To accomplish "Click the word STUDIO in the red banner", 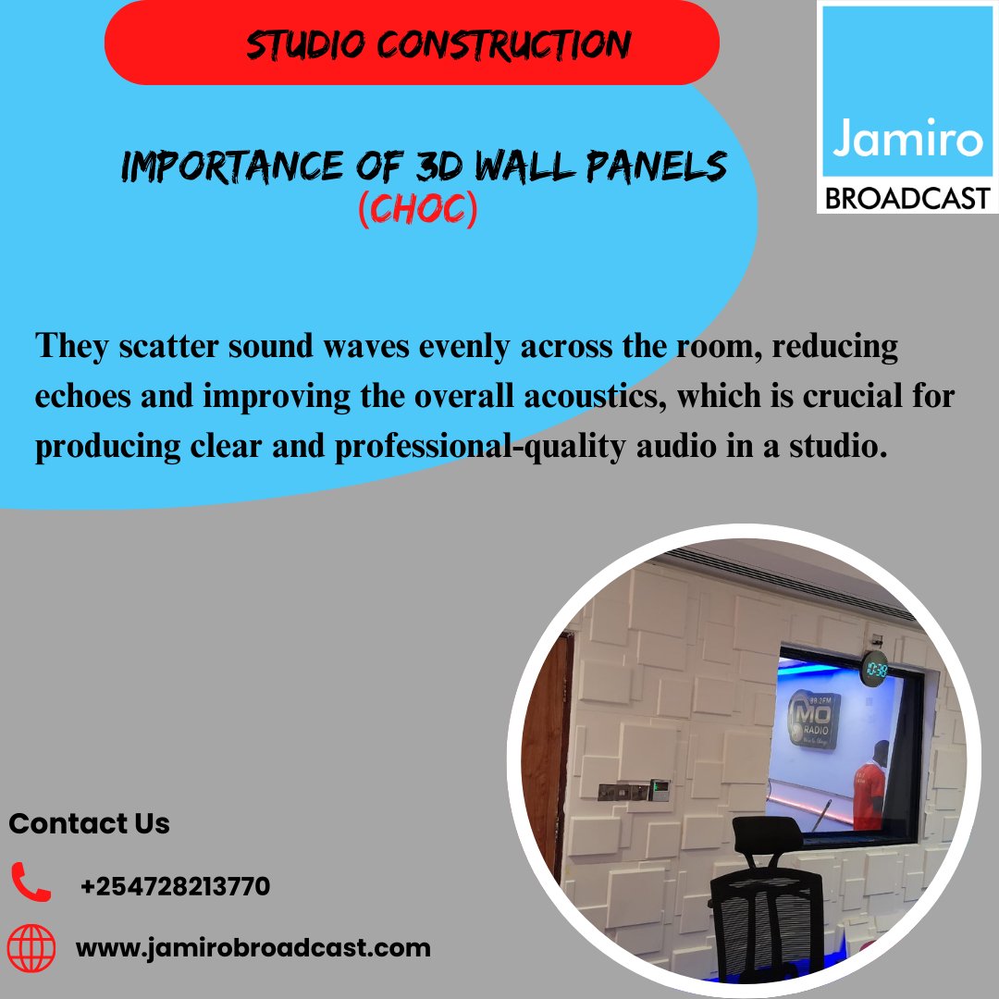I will click(300, 44).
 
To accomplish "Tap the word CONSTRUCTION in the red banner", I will click(492, 44).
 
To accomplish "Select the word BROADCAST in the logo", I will click(906, 197).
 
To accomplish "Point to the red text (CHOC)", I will click(417, 210).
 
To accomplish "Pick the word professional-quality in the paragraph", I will click(405, 447).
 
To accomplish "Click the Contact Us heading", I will click(89, 823).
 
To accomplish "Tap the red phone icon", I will click(31, 882).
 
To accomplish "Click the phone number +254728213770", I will click(175, 886).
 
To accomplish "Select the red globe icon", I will click(31, 947).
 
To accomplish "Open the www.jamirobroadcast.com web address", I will click(253, 948).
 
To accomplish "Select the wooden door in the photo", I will click(546, 731).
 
